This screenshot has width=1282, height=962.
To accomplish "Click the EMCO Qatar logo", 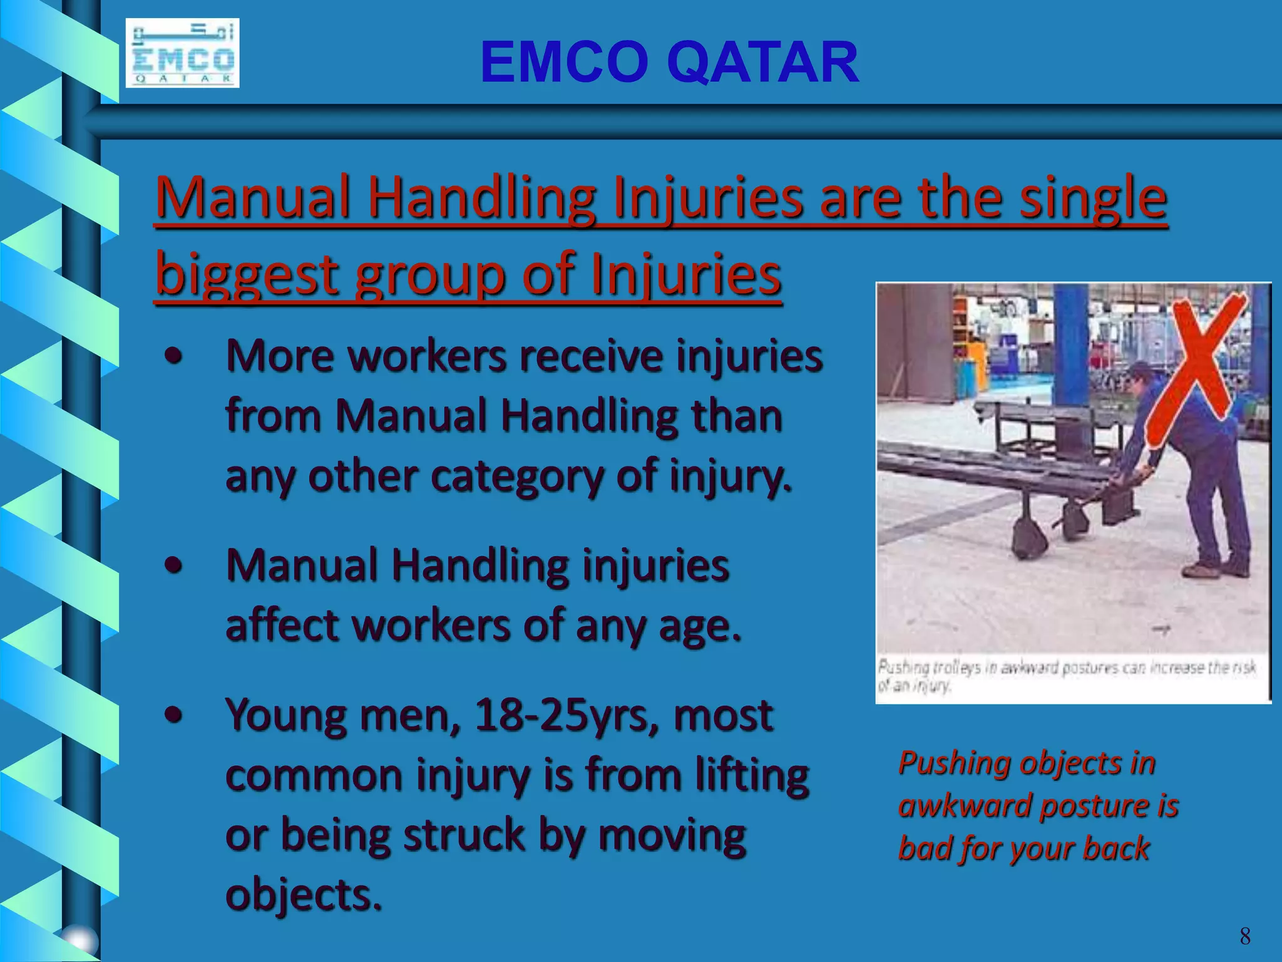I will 182,53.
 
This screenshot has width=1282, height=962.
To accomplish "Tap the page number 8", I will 1244,936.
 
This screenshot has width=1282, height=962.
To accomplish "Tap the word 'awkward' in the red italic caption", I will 964,806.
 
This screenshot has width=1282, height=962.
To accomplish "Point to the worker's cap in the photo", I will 1141,370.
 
